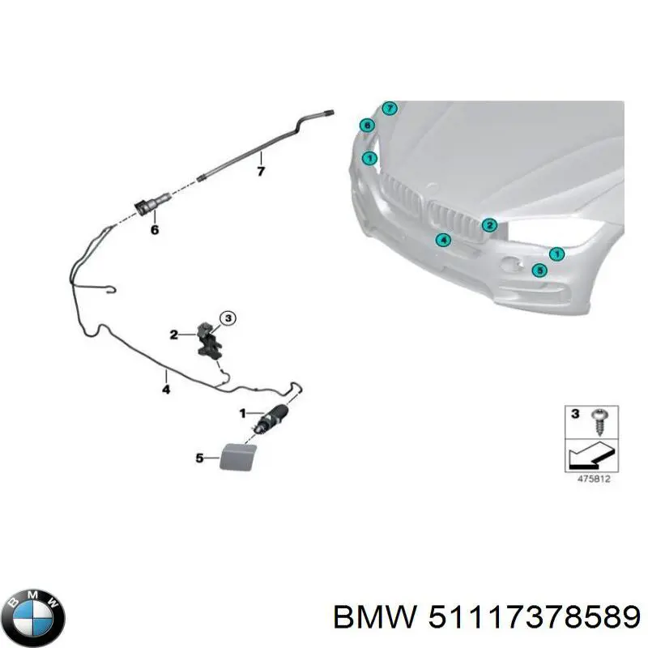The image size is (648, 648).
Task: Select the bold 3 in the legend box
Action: pos(575,415)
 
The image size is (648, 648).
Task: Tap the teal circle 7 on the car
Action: pos(390,109)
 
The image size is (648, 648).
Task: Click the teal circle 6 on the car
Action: pos(367,126)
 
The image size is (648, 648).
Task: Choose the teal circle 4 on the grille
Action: pos(442,239)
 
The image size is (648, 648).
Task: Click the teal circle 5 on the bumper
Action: pos(539,271)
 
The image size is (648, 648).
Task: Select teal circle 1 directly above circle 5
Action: pos(556,254)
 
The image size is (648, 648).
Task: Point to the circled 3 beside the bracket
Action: pos(228,319)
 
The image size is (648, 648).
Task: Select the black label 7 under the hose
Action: pos(261,172)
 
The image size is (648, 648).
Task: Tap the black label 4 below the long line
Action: pos(166,390)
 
